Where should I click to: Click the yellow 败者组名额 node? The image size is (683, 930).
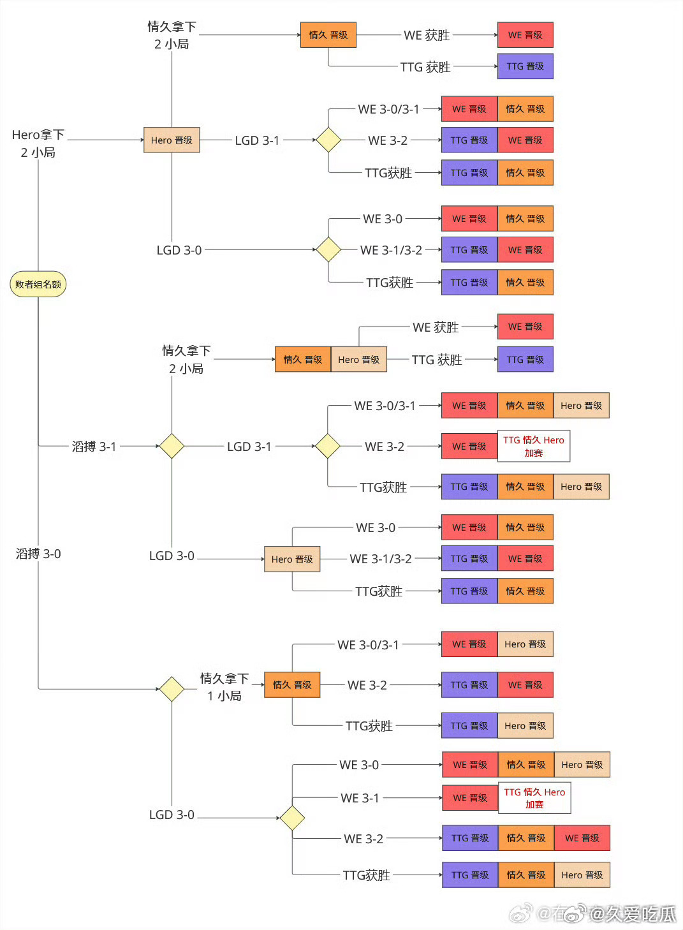(38, 284)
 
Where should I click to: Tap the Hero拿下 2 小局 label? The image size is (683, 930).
(38, 144)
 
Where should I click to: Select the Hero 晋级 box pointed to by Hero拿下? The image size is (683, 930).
(172, 140)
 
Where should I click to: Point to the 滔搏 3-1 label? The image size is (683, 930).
(94, 447)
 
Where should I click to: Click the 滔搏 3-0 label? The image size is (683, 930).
(38, 554)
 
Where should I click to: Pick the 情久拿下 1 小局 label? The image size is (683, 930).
(224, 687)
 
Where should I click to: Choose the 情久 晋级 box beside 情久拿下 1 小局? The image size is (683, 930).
(292, 685)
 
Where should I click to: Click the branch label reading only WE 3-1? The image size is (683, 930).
(360, 798)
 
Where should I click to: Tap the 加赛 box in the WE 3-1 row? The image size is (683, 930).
(534, 798)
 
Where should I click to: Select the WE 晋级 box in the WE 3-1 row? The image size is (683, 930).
(470, 798)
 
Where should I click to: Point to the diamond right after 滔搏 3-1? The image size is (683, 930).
(172, 446)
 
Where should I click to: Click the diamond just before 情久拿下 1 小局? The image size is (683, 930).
(172, 689)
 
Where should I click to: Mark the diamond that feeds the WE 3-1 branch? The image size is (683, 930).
(292, 818)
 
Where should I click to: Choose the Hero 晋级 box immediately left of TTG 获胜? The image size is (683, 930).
(359, 360)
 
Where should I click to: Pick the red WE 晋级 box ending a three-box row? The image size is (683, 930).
(582, 838)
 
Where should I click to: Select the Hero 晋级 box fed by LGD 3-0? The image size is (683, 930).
(292, 559)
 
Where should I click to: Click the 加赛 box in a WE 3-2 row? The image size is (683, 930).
(534, 446)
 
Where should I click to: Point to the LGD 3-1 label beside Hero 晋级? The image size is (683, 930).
(257, 140)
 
